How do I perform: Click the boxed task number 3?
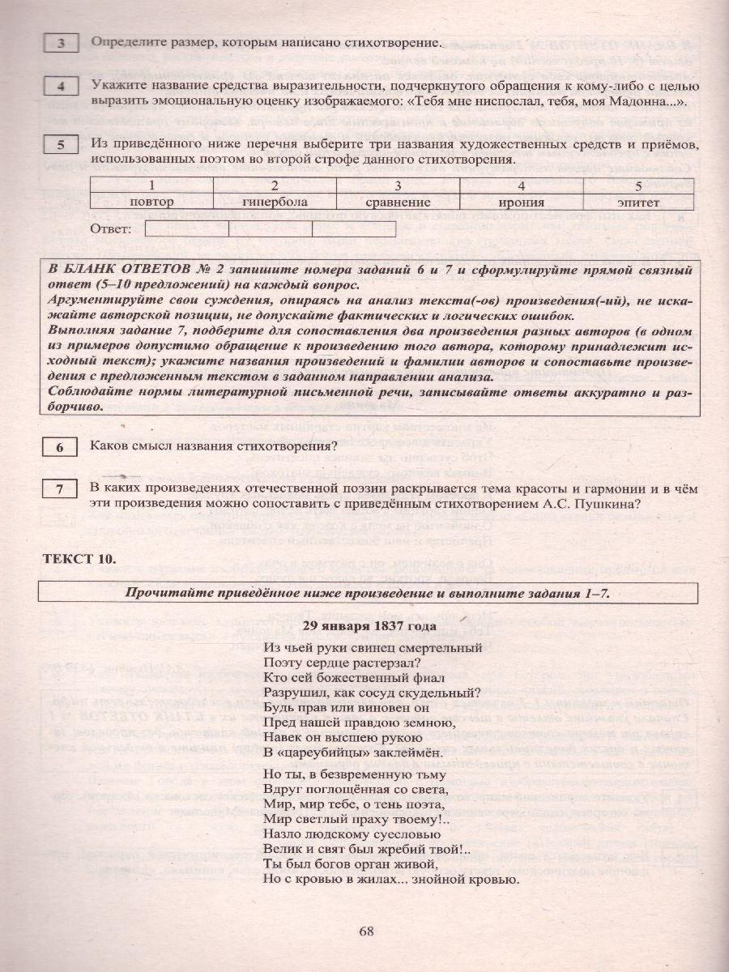click(60, 44)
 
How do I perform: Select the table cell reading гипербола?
click(274, 202)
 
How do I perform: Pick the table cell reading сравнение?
click(397, 202)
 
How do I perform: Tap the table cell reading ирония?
click(520, 202)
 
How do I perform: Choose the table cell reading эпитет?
click(642, 202)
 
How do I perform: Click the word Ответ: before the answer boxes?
click(112, 230)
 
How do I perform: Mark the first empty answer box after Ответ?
click(186, 230)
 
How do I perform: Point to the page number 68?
click(365, 930)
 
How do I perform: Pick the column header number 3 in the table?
click(397, 186)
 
